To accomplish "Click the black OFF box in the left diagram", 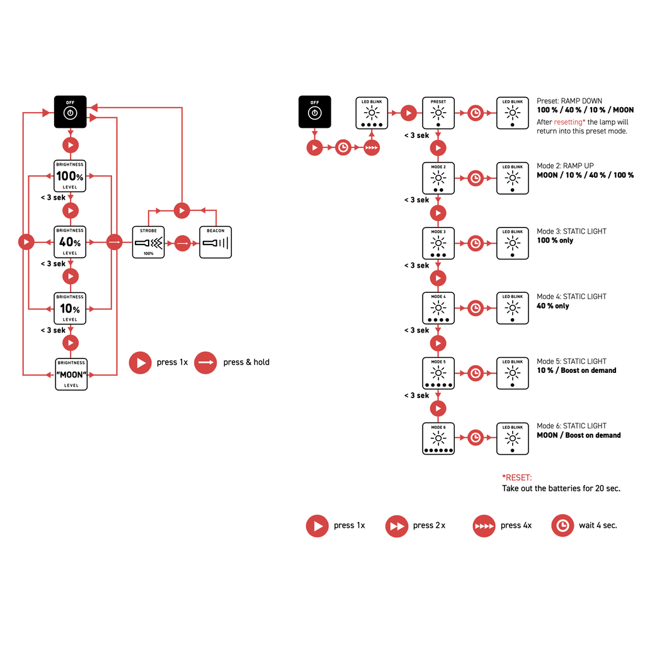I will (x=71, y=111).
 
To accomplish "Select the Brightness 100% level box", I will (x=70, y=176).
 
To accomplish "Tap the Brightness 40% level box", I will (x=70, y=242).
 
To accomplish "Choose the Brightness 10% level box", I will (x=70, y=309).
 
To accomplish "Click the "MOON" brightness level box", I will (x=71, y=374).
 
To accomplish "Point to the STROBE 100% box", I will (x=148, y=242).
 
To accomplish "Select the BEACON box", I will (x=215, y=242).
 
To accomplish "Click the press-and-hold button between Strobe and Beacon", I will (x=182, y=242).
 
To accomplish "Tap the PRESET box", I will (x=438, y=113).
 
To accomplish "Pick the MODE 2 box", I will (x=438, y=178).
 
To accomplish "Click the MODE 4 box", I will (x=438, y=308).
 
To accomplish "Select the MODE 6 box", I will (x=438, y=438).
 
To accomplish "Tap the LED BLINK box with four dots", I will (x=372, y=113).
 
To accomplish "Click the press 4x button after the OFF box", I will (x=372, y=148).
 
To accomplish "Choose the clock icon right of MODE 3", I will (x=476, y=243).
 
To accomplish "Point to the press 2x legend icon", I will (x=397, y=526).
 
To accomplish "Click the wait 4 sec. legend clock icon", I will (x=562, y=526).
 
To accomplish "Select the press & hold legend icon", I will (x=206, y=362).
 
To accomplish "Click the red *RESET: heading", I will (x=517, y=478).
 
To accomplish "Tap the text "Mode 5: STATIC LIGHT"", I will (x=571, y=362).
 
